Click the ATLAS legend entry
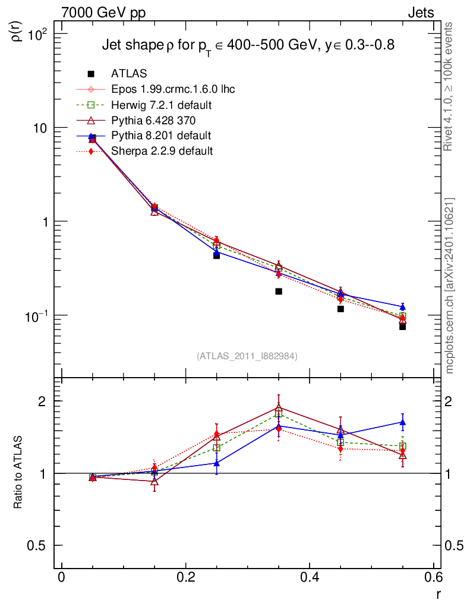[x=128, y=74]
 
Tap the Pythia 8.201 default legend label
[x=161, y=136]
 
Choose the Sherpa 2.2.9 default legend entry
[x=162, y=151]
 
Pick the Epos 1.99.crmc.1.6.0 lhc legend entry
[x=172, y=89]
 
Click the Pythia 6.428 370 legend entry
[x=153, y=120]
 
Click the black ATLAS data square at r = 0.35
[x=279, y=291]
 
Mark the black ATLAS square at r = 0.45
[x=340, y=309]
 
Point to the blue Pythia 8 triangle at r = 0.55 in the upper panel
[x=402, y=307]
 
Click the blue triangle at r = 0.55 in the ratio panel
[x=402, y=422]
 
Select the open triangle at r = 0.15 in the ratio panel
[x=154, y=482]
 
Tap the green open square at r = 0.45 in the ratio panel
[x=340, y=442]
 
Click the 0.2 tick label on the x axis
[x=185, y=579]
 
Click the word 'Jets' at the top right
[x=420, y=12]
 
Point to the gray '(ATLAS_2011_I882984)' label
[x=247, y=356]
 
